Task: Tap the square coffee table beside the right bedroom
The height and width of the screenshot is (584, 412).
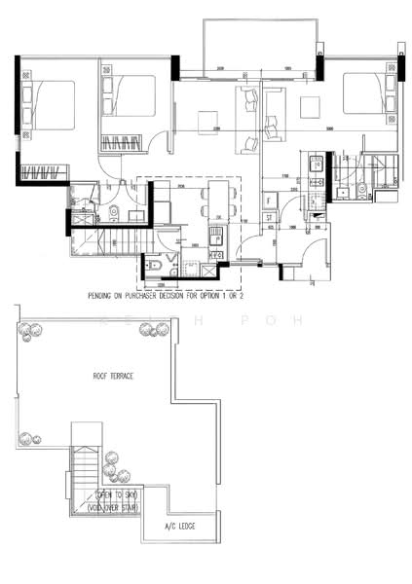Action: (310, 106)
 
